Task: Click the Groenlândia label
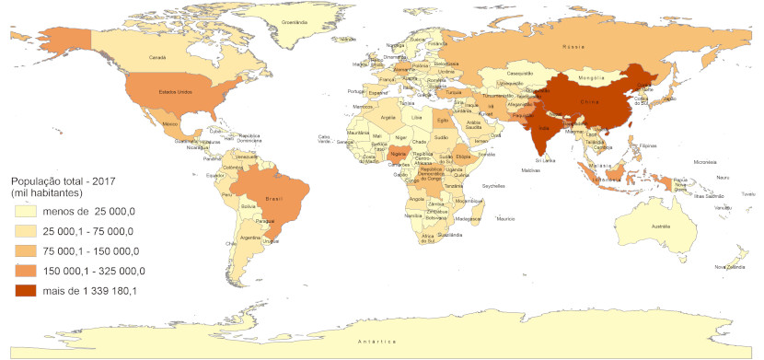coord(294,21)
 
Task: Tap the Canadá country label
coord(157,57)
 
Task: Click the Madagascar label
coord(469,219)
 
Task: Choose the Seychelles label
coord(493,181)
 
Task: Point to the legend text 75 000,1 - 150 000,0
coord(91,251)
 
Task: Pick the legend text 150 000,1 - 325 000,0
coord(95,272)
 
